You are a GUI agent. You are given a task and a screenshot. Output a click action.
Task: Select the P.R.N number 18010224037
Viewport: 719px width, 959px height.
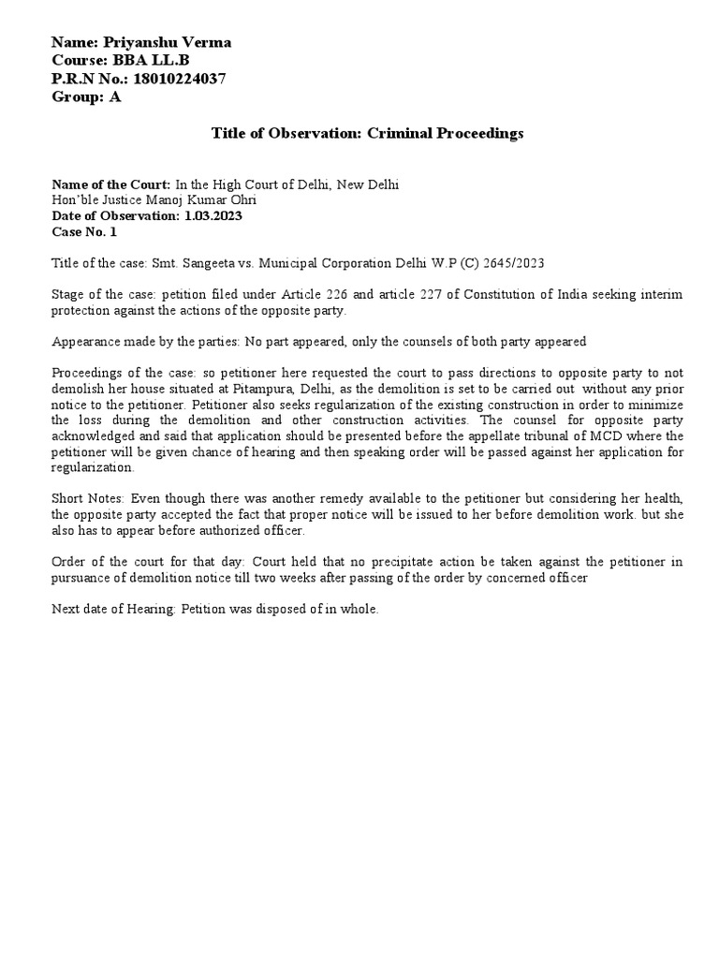pos(179,79)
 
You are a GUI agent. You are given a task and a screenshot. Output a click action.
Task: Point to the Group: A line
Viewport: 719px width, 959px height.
pos(87,96)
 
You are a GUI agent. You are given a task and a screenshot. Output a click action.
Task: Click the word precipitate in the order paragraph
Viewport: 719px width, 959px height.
pos(405,563)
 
